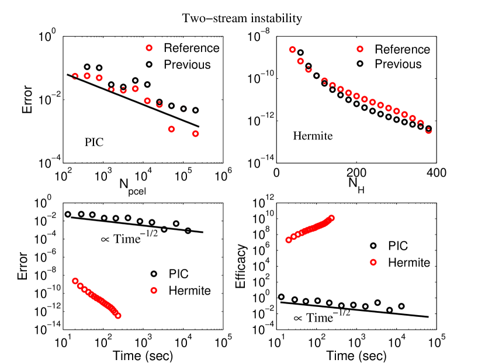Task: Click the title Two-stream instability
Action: pyautogui.click(x=242, y=19)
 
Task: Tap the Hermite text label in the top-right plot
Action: pyautogui.click(x=313, y=137)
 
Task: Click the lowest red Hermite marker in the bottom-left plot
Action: pyautogui.click(x=118, y=315)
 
